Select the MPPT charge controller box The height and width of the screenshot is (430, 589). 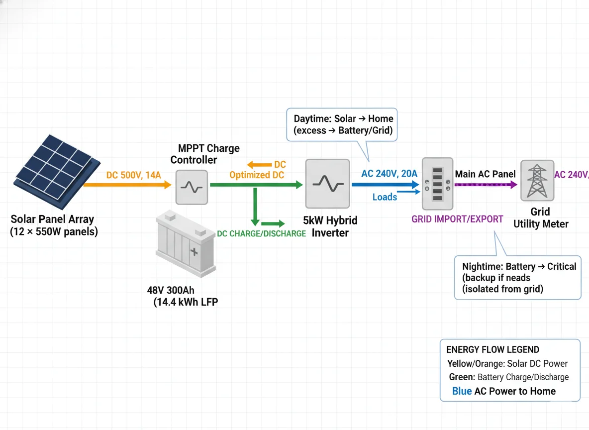192,187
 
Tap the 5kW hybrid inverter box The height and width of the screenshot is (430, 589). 327,184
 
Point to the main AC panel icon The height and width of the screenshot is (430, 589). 437,184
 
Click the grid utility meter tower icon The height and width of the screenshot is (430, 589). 537,180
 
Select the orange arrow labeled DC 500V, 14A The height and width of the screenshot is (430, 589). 127,185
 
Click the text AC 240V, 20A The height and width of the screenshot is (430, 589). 389,173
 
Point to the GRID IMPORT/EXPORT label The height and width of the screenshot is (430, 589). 457,219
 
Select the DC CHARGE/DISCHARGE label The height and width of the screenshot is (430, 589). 261,233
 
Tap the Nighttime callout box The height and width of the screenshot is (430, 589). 517,278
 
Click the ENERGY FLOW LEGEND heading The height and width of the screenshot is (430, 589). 492,350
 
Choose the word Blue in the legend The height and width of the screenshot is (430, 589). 462,391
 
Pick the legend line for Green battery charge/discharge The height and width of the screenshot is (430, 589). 508,377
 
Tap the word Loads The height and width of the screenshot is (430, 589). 385,197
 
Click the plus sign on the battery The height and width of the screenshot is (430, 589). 194,252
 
